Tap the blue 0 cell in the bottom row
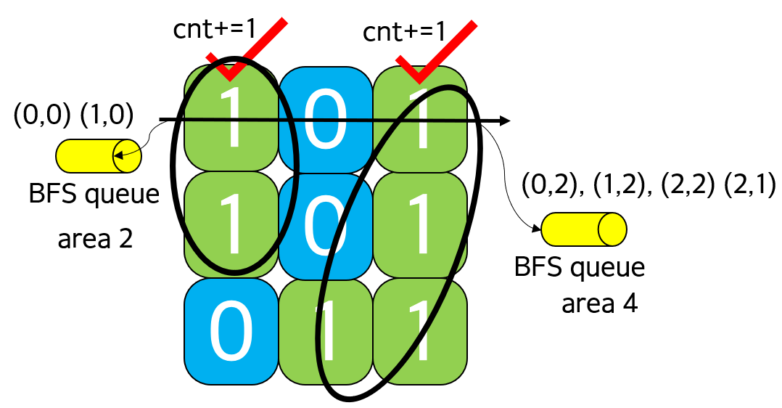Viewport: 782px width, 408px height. coord(231,331)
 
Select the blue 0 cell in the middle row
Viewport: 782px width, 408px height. coord(326,226)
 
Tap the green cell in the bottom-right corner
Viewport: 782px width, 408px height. coord(420,331)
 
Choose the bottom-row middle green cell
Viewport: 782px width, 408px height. coord(326,331)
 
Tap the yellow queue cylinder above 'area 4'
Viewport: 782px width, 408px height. coord(584,229)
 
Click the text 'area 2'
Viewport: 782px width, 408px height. coord(95,238)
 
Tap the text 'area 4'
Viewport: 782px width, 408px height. coord(599,303)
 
